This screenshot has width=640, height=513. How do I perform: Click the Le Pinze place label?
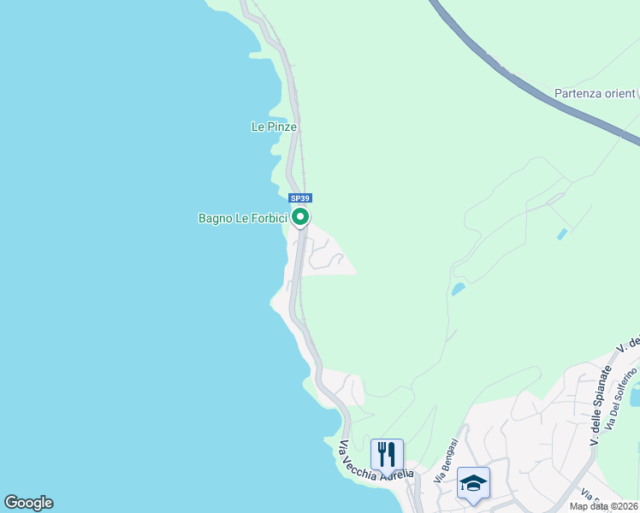pos(274,127)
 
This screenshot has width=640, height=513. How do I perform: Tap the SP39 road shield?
pos(299,198)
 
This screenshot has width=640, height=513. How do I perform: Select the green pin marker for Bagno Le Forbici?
pos(300,217)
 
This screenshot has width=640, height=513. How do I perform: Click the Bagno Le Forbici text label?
pos(242,218)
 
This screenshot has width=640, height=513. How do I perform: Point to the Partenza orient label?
pos(595,93)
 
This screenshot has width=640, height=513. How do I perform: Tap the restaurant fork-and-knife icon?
pos(387,452)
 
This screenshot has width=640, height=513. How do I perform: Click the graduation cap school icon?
pos(473,482)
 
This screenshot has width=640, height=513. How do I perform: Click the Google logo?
pos(28,503)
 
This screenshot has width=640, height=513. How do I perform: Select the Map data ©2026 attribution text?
pos(604,506)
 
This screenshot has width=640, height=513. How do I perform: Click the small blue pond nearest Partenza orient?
pos(561,233)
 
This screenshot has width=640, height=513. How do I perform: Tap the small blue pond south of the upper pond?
pos(459,289)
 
